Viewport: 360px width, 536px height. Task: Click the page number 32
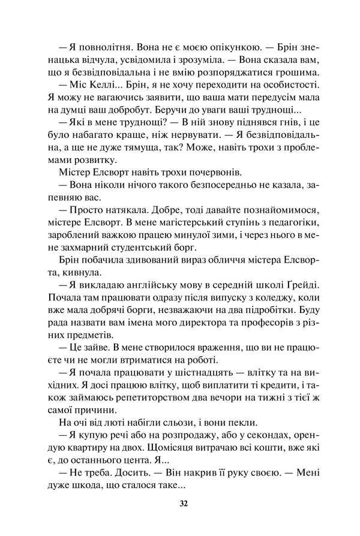tap(184, 503)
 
